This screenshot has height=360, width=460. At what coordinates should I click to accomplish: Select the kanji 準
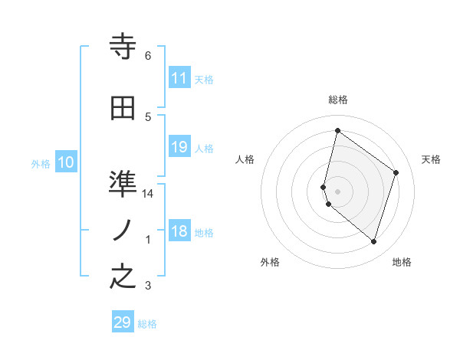[123, 183]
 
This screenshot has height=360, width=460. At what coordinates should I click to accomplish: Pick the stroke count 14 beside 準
[148, 194]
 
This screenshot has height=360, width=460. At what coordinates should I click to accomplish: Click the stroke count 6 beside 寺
[148, 56]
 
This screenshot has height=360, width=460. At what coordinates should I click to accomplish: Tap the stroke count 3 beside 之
[148, 286]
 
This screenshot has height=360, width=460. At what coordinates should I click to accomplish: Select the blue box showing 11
[179, 78]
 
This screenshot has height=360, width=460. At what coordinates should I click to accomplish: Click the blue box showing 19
[179, 147]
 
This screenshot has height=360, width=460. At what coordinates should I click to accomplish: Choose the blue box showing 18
[179, 232]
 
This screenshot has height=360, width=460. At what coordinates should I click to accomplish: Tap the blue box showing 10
[66, 162]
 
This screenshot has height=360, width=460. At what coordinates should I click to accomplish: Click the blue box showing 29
[123, 322]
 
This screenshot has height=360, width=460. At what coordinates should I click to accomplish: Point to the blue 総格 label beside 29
[147, 324]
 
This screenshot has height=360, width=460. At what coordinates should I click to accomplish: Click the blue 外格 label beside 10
[41, 163]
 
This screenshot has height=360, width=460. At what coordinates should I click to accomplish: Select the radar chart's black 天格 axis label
[431, 159]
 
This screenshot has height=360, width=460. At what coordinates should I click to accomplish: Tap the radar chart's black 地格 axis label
[402, 262]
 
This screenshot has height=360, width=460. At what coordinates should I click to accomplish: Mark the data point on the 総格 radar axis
[337, 130]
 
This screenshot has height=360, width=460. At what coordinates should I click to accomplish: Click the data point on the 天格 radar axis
[396, 172]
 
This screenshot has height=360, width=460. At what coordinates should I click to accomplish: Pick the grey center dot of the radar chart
[337, 191]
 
